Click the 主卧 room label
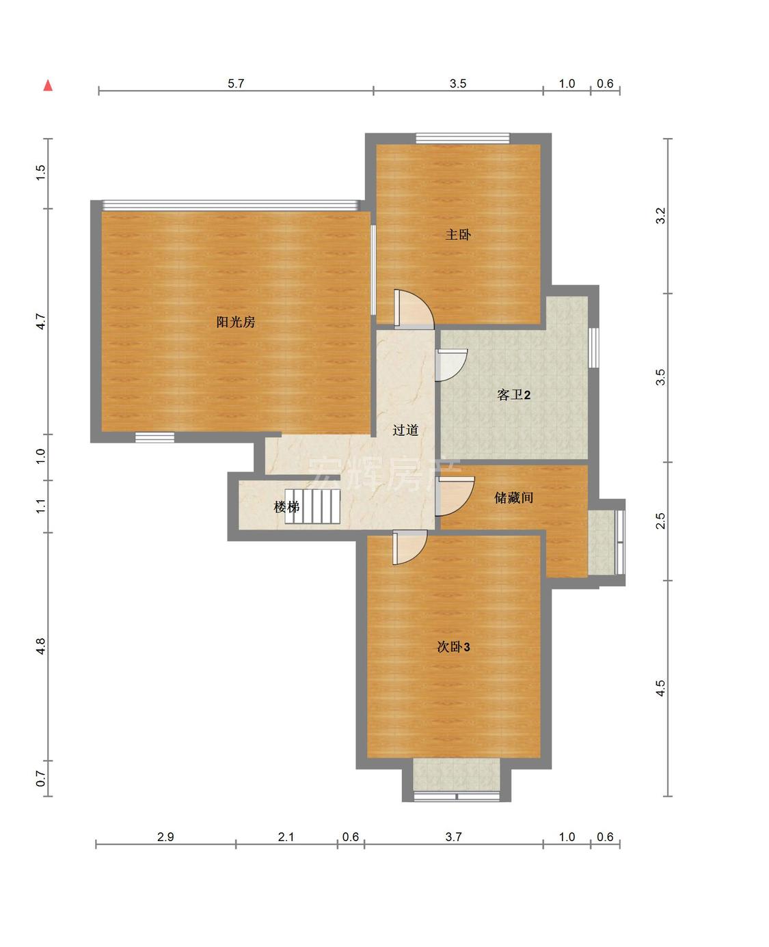[458, 234]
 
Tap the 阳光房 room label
[236, 322]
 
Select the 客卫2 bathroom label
[514, 394]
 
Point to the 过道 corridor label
[405, 430]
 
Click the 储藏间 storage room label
[514, 497]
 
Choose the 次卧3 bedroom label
[453, 647]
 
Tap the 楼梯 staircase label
[286, 506]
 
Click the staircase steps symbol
[312, 506]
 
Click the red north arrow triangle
[48, 85]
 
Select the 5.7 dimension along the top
[236, 83]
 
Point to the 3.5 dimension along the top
[458, 83]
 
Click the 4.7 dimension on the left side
[40, 321]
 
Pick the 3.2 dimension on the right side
[661, 216]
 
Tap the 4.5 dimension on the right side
[661, 688]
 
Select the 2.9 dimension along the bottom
[165, 837]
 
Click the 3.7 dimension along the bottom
[453, 837]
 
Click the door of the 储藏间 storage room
[455, 497]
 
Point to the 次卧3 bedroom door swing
[409, 547]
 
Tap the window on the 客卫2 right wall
[593, 348]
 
